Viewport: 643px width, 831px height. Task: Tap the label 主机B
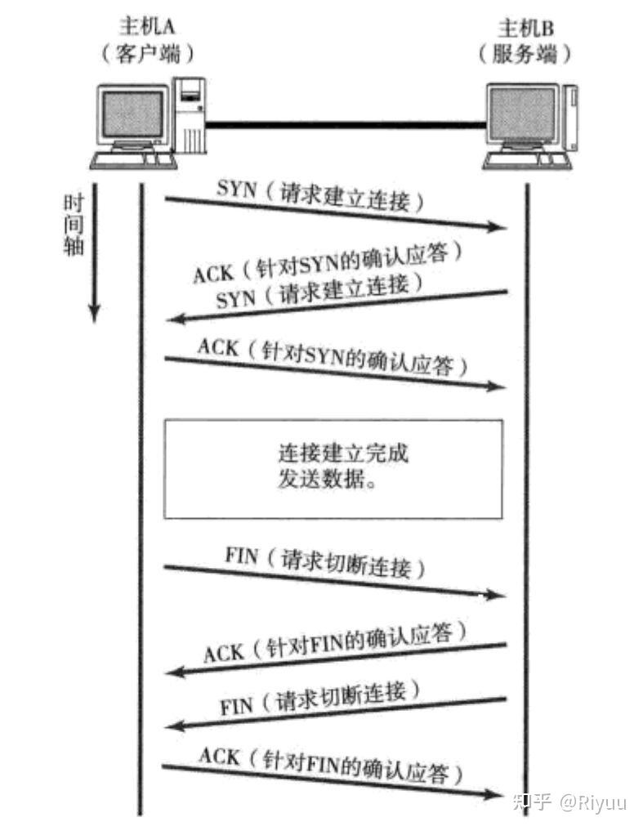(527, 26)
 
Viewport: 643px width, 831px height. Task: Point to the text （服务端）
(527, 55)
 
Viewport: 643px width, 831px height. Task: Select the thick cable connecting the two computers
(343, 125)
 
